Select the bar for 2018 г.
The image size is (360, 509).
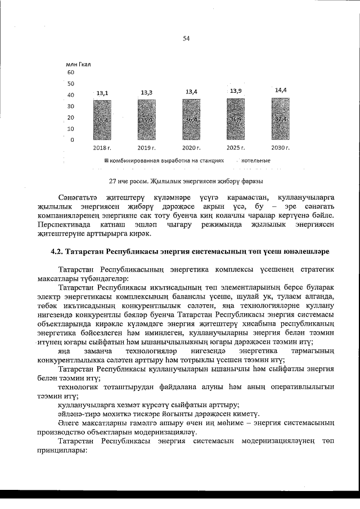(x=102, y=121)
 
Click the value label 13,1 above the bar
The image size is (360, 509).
(x=102, y=93)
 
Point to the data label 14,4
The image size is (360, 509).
(x=281, y=90)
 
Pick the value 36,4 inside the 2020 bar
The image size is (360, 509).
(x=191, y=120)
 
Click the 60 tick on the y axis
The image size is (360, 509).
(x=70, y=73)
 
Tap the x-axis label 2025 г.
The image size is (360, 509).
(x=236, y=147)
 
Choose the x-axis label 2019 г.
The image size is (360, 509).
(x=147, y=147)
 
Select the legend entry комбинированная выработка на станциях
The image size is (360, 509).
(x=166, y=160)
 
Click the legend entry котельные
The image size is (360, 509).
(x=255, y=160)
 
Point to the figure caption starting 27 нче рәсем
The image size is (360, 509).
(x=186, y=181)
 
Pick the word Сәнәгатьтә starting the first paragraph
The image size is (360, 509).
(x=79, y=197)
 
